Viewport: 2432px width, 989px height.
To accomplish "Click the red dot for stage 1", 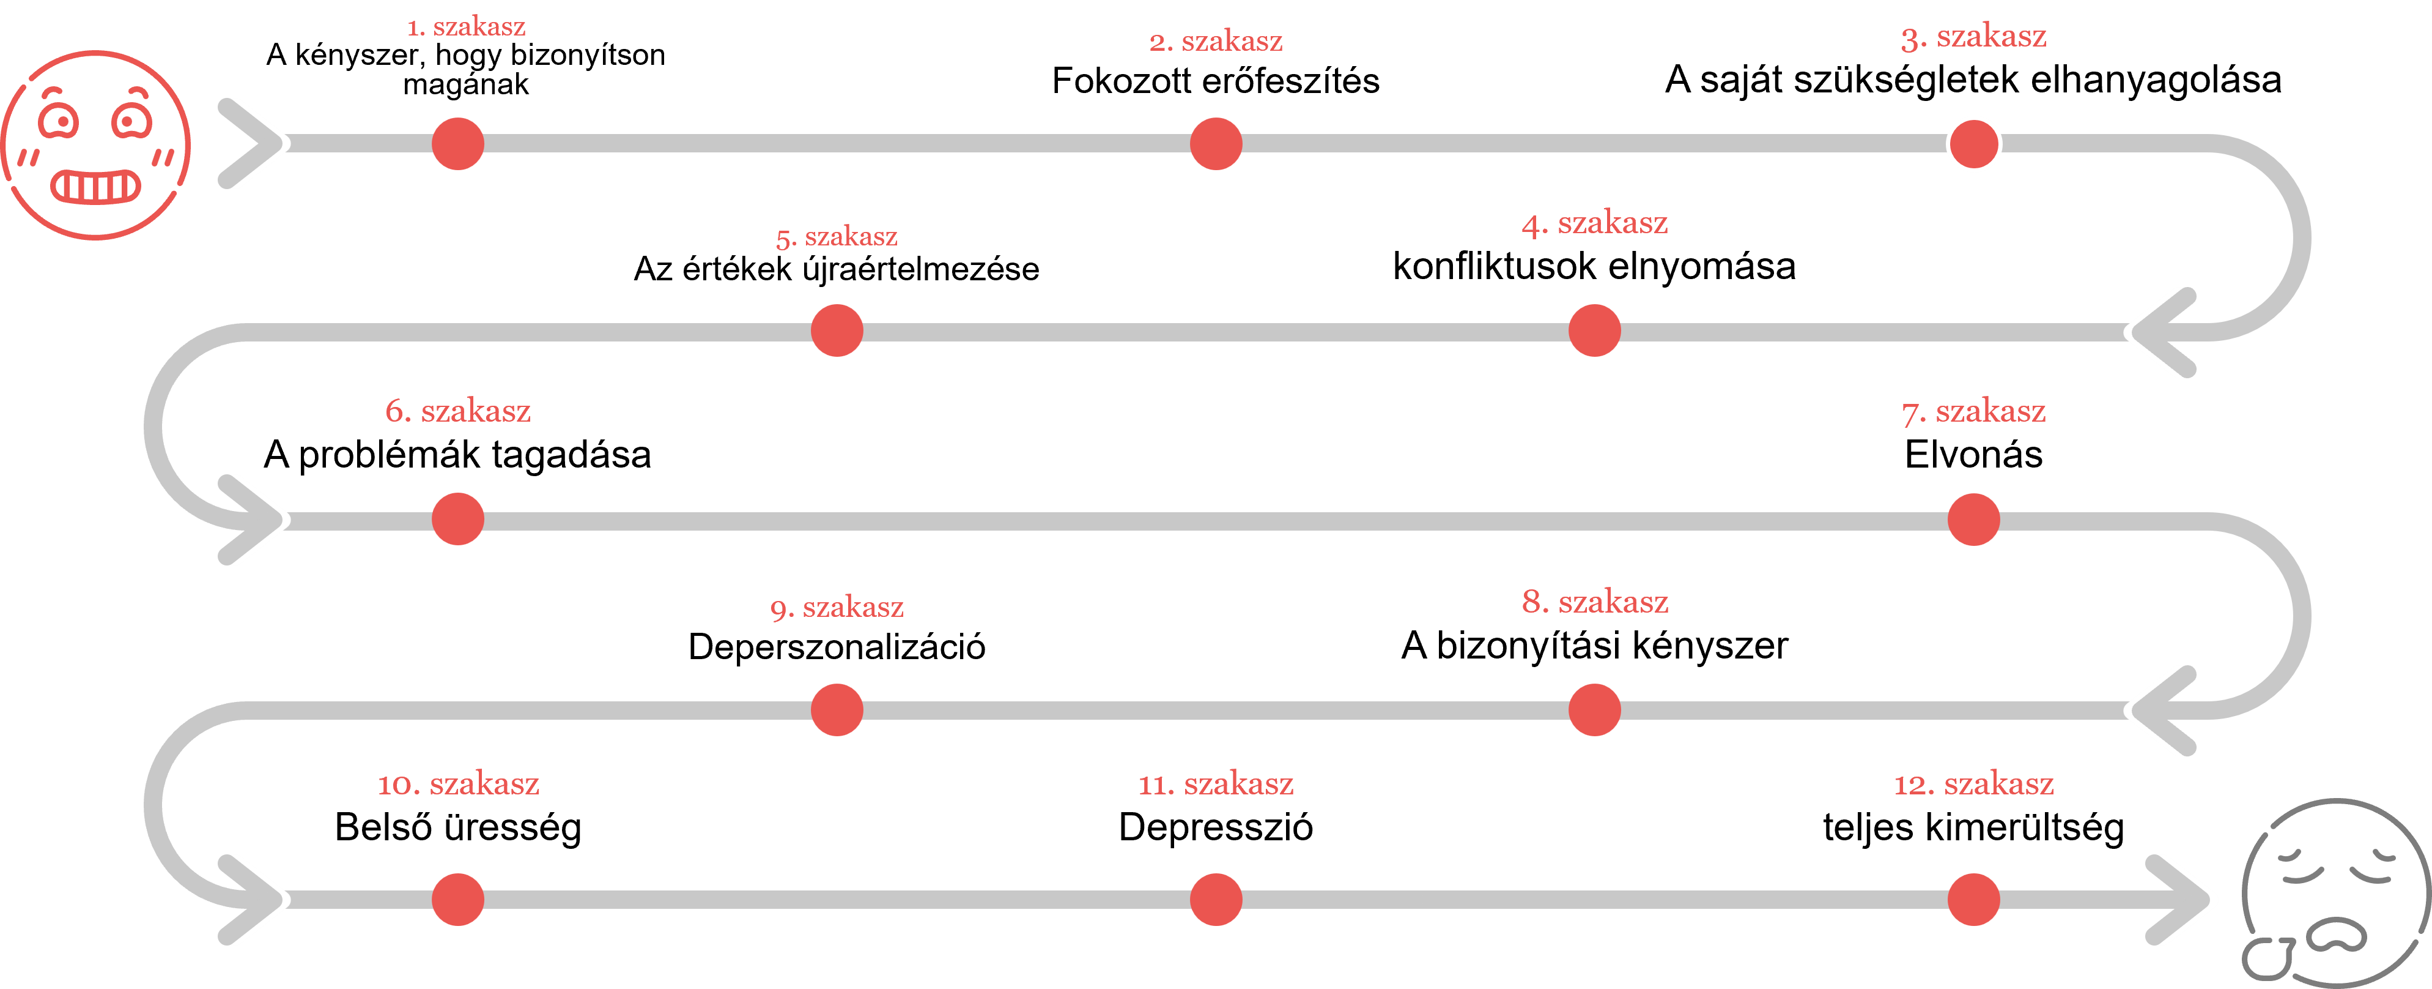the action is (458, 144).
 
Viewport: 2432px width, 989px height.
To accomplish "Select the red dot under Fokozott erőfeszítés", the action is (1216, 144).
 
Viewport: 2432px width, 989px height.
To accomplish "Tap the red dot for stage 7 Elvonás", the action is (1973, 520).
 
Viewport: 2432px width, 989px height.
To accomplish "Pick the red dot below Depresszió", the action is (1216, 899).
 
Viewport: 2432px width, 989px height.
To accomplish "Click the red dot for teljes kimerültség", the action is (1973, 899).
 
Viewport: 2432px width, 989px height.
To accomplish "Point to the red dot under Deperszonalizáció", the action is (837, 711).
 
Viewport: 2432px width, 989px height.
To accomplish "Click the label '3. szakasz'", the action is (1973, 37).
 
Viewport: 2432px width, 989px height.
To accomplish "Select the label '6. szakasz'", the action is (458, 411).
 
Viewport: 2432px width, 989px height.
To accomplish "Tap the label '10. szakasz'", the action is (458, 784).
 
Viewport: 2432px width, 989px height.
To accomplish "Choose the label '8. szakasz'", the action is (1595, 602).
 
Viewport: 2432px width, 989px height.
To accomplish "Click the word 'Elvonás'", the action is (1973, 454).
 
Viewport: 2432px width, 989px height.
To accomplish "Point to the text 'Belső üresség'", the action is (458, 827).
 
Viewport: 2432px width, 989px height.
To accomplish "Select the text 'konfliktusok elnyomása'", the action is (1595, 266).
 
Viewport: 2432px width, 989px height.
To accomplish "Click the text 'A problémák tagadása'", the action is (458, 454).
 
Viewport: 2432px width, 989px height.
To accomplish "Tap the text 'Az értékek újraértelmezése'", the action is (837, 269).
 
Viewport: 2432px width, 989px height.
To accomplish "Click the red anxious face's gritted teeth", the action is (96, 186).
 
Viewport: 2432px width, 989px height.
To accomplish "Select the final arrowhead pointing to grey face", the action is (2177, 899).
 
